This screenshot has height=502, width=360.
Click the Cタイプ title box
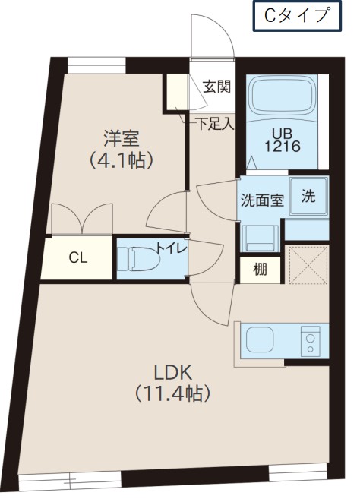click(297, 16)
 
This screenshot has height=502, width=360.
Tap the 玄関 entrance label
click(217, 87)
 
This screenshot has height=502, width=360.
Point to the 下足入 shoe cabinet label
click(215, 124)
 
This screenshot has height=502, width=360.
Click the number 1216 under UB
click(283, 147)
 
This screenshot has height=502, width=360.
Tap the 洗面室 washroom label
click(262, 200)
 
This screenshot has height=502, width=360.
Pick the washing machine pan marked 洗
click(308, 196)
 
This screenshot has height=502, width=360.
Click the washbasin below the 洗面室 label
click(261, 238)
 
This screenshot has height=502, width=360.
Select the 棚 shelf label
click(260, 270)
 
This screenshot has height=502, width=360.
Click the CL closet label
click(78, 257)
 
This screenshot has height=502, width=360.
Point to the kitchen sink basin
click(260, 340)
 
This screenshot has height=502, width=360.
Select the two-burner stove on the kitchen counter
click(310, 342)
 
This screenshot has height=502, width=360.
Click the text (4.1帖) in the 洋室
click(121, 160)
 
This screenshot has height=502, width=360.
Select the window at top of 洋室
click(96, 65)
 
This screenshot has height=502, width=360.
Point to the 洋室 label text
click(121, 138)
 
